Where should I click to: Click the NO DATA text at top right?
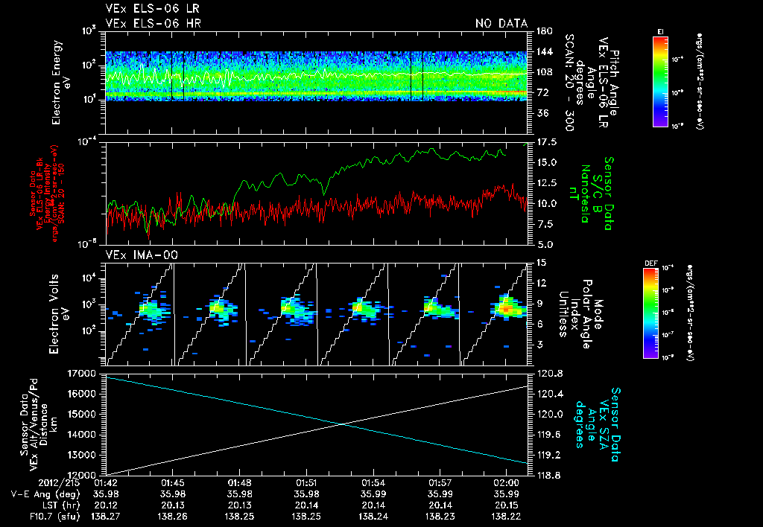point(501,24)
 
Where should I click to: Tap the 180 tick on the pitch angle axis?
point(542,31)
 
